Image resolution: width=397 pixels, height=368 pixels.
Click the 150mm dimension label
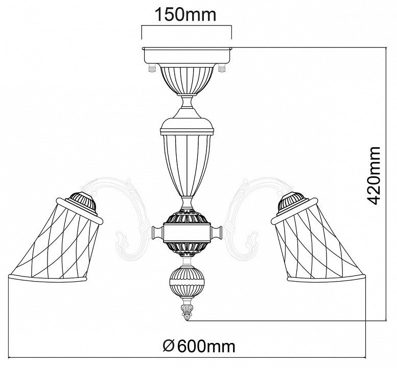coord(185,14)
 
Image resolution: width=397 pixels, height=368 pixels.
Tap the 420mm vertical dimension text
coord(373,175)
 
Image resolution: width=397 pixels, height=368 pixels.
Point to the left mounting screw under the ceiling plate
coord(152,68)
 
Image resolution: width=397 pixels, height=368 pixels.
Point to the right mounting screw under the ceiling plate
coord(222,68)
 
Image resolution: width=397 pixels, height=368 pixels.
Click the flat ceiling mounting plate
coord(187,56)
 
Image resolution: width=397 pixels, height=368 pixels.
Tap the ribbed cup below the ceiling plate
coord(187,80)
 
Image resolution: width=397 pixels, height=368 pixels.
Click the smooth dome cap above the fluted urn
coord(187,126)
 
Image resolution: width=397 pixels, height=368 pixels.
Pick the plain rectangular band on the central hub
coord(187,232)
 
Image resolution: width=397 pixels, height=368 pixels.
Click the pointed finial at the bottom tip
coord(187,312)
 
